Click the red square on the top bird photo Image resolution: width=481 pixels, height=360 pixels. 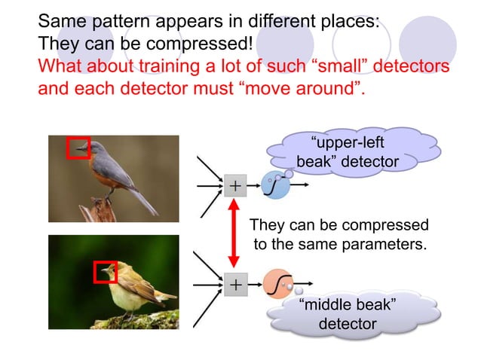point(78,148)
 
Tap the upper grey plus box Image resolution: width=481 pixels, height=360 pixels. point(235,185)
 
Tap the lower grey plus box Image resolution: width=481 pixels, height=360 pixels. point(235,285)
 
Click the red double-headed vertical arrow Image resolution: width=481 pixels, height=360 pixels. point(234,235)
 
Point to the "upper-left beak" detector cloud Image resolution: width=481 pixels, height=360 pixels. point(348,152)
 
